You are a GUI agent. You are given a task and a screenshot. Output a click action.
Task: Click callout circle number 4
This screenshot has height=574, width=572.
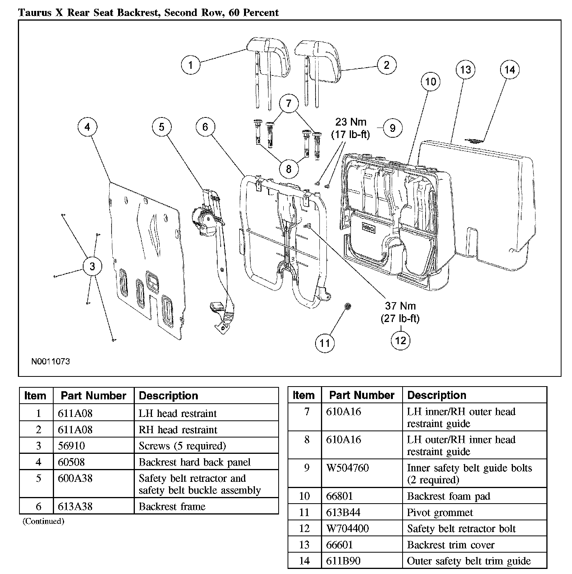click(x=87, y=127)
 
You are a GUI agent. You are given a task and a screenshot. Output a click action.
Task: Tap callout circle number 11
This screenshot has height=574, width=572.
click(x=324, y=343)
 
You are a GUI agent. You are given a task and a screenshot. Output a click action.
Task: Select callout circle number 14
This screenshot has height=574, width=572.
click(x=509, y=70)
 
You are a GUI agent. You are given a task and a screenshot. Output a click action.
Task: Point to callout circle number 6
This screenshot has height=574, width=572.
click(x=205, y=127)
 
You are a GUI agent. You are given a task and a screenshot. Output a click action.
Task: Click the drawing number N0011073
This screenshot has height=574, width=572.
click(x=51, y=361)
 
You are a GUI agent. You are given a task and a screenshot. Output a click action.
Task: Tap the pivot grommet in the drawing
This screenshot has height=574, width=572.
click(x=347, y=307)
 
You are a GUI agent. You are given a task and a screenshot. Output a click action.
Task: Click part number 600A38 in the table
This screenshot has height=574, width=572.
click(x=75, y=478)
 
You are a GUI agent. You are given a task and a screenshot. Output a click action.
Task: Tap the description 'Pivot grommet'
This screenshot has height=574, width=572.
click(x=439, y=513)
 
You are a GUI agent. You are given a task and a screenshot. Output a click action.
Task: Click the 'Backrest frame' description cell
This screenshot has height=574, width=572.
click(x=172, y=506)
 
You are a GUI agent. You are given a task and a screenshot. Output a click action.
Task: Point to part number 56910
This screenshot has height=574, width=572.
click(x=71, y=446)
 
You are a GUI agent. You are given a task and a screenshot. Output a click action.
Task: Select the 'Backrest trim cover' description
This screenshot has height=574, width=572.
click(x=450, y=545)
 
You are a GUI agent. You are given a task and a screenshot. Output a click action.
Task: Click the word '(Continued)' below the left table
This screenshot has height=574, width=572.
click(x=43, y=521)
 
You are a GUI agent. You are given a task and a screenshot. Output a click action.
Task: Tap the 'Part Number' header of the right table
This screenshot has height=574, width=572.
click(x=362, y=395)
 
